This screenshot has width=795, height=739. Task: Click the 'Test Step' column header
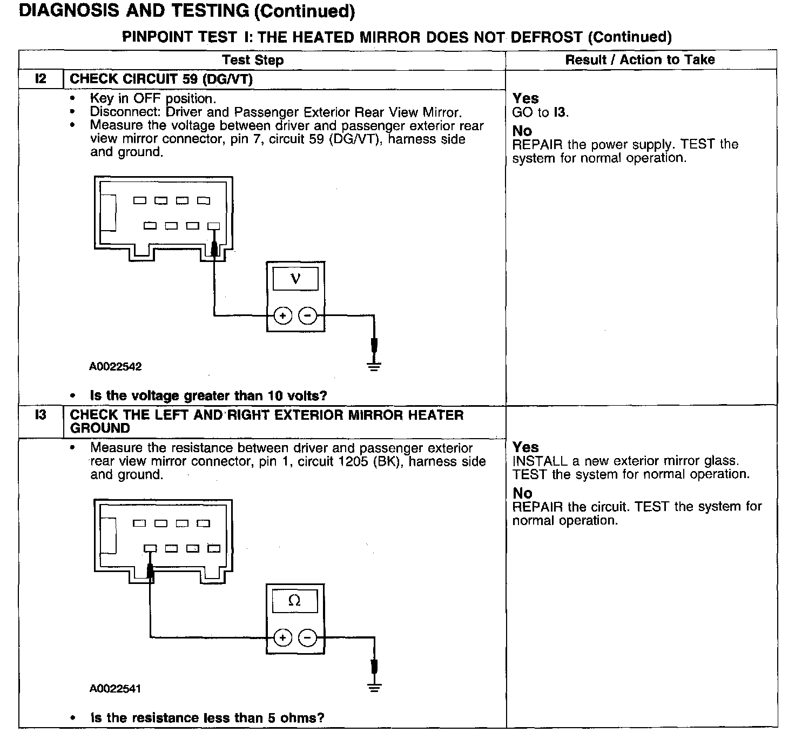click(x=253, y=60)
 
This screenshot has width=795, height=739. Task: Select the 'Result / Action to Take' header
click(x=639, y=60)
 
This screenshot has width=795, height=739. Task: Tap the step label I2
click(x=41, y=79)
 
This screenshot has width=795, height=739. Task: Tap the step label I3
click(x=41, y=415)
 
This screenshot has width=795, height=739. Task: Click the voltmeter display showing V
click(x=295, y=279)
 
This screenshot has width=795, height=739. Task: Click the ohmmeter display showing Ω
click(x=295, y=601)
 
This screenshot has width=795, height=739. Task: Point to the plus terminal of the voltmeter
click(x=282, y=315)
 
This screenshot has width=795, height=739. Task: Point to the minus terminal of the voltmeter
click(x=308, y=315)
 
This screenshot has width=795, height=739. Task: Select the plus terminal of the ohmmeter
click(x=282, y=638)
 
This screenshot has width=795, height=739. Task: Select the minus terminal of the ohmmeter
click(x=308, y=638)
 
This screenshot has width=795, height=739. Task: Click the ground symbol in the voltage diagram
click(x=374, y=366)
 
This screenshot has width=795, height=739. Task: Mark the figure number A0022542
click(x=116, y=367)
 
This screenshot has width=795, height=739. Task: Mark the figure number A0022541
click(x=116, y=689)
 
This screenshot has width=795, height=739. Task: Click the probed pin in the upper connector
click(x=214, y=226)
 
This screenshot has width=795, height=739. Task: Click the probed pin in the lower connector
click(x=150, y=549)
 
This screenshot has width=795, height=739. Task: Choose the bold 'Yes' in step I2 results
click(x=525, y=98)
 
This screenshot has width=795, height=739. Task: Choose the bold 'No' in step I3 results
click(x=522, y=493)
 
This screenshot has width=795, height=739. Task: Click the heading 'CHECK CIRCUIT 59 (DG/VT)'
click(x=161, y=79)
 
